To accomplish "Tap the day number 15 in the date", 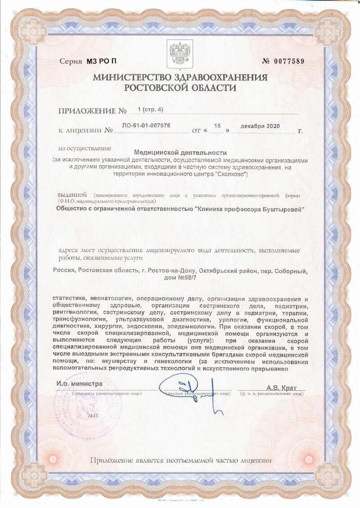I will point(218,126).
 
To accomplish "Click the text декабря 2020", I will point(260,126).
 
